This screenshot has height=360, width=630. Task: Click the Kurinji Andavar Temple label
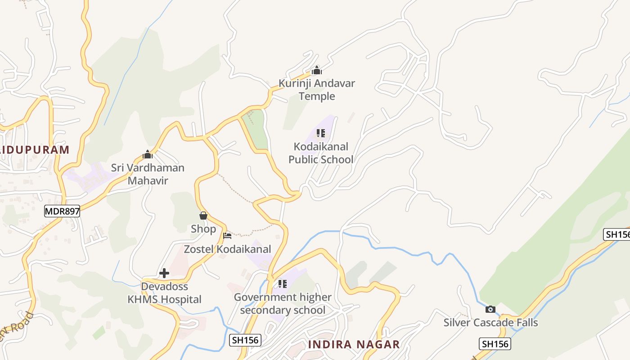click(317, 90)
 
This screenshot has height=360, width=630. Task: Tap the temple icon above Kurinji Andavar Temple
click(317, 70)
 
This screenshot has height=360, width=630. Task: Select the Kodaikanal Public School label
click(321, 153)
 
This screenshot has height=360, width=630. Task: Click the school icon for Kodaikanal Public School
click(321, 133)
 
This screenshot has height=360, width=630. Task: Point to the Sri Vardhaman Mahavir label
click(148, 174)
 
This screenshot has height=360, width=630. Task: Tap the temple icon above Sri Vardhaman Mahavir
click(148, 155)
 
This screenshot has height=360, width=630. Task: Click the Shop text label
click(203, 229)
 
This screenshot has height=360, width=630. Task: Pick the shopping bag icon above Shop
click(203, 216)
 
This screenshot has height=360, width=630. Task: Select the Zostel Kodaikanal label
click(228, 249)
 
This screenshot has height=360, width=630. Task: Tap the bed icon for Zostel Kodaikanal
click(227, 235)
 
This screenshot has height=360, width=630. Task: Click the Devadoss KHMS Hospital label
click(164, 293)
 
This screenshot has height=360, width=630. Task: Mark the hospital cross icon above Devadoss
click(164, 273)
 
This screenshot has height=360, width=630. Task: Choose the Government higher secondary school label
click(283, 304)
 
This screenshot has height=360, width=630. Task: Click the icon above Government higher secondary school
click(283, 284)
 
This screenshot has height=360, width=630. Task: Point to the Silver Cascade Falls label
click(490, 323)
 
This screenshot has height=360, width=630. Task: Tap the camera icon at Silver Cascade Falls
click(490, 309)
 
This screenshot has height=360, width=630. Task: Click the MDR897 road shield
click(62, 211)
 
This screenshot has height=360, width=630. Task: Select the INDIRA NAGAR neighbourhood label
click(354, 345)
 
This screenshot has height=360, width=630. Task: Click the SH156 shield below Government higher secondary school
click(245, 340)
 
